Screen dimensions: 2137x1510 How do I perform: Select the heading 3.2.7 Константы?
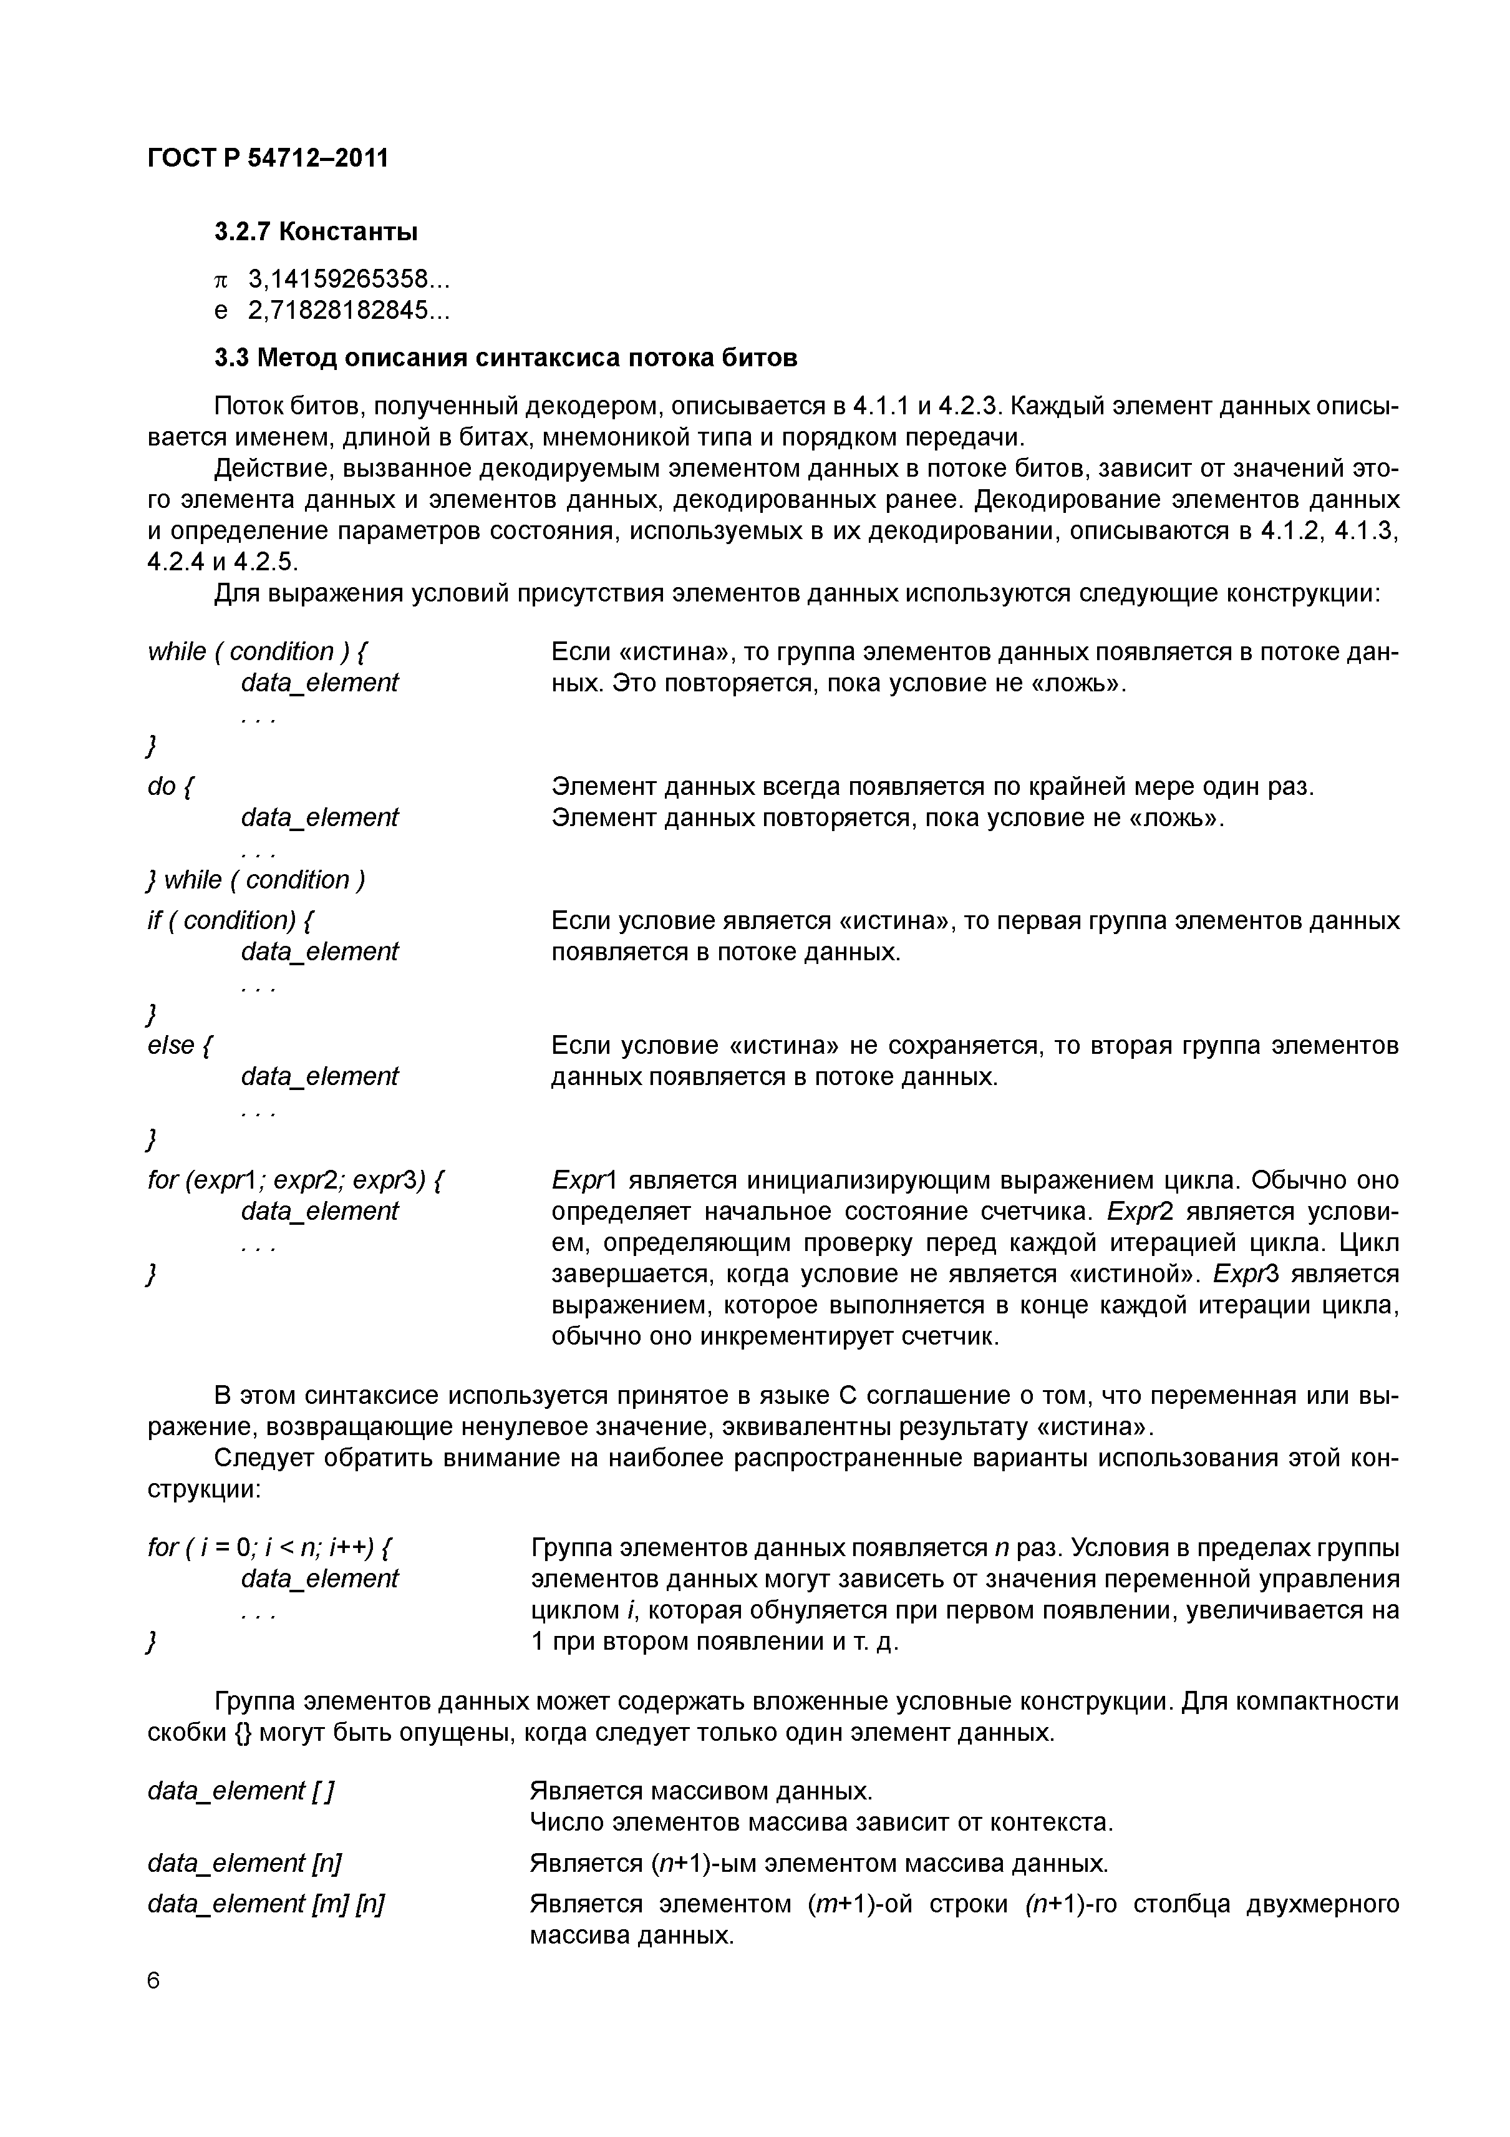pyautogui.click(x=316, y=231)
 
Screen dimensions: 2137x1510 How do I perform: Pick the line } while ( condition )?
pyautogui.click(x=256, y=880)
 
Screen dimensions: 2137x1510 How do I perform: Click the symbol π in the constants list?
pyautogui.click(x=221, y=280)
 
